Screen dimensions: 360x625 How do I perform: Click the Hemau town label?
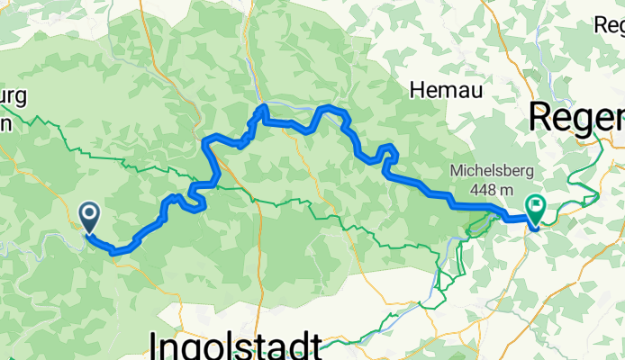(446, 89)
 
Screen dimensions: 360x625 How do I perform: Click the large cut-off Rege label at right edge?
(576, 116)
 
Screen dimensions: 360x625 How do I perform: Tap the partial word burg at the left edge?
(15, 96)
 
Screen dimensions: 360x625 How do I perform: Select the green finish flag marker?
(536, 209)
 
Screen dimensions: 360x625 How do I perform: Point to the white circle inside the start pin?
(90, 212)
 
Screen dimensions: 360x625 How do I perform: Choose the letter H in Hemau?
(417, 89)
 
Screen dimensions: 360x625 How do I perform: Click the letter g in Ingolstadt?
(192, 348)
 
